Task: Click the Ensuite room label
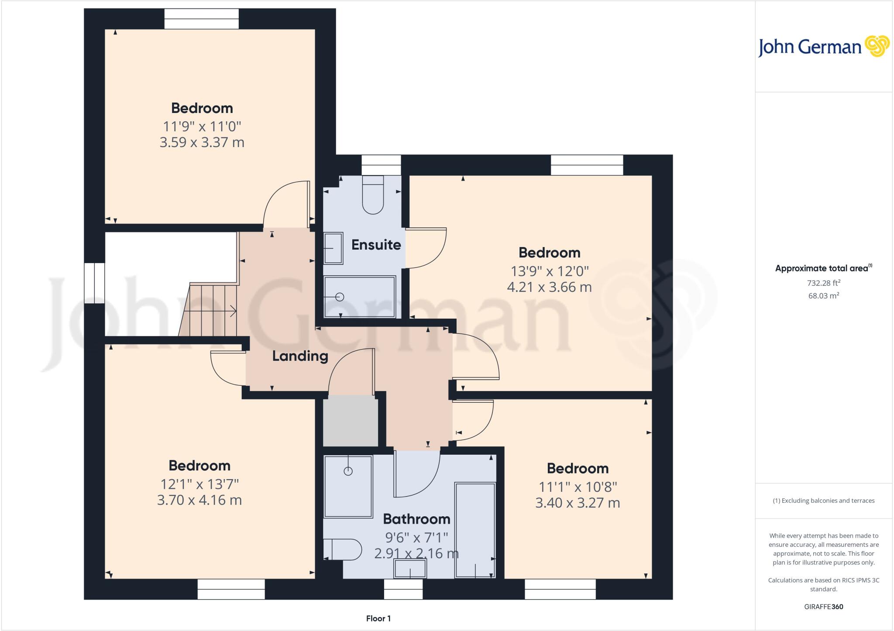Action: (x=376, y=245)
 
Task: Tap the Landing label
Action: (x=300, y=356)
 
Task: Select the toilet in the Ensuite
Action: (x=373, y=195)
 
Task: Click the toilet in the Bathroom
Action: (x=343, y=550)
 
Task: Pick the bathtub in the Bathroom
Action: (x=475, y=530)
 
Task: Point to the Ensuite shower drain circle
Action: (x=340, y=297)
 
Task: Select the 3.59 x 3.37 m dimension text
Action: (x=202, y=143)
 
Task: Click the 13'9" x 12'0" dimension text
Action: (x=550, y=271)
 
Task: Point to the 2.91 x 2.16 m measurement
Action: (x=416, y=554)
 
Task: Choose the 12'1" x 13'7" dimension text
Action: (x=199, y=484)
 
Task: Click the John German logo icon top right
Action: (x=877, y=46)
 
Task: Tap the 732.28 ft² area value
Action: (x=823, y=283)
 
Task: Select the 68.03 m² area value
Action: (x=823, y=296)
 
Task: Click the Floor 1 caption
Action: (x=378, y=618)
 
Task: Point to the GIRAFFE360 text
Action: (x=823, y=607)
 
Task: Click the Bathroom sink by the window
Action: (x=410, y=569)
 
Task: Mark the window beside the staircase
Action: (x=94, y=283)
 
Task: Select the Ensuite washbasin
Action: (x=333, y=248)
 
